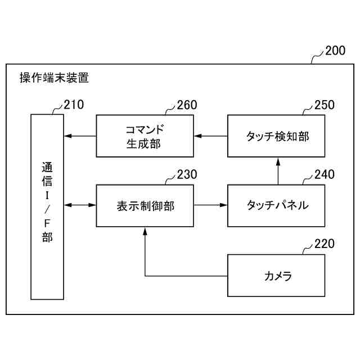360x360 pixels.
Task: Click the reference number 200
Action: pyautogui.click(x=335, y=51)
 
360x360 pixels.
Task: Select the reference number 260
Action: pyautogui.click(x=187, y=104)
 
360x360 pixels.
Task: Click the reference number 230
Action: pyautogui.click(x=187, y=174)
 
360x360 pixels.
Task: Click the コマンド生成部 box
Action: pyautogui.click(x=145, y=136)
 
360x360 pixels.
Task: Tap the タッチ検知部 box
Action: pyautogui.click(x=276, y=136)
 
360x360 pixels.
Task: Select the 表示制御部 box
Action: pyautogui.click(x=145, y=205)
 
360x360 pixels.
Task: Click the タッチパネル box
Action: pyautogui.click(x=276, y=205)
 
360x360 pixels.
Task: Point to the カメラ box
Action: pyautogui.click(x=276, y=276)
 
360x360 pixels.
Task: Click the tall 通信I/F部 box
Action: pyautogui.click(x=47, y=206)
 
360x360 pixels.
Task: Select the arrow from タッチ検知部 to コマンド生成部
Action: pyautogui.click(x=210, y=136)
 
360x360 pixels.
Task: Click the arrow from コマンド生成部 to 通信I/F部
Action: pyautogui.click(x=79, y=136)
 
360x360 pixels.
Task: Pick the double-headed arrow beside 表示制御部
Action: pyautogui.click(x=79, y=205)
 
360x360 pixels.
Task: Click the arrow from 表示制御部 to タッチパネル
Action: pyautogui.click(x=210, y=205)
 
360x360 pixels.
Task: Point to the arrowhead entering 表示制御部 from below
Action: pyautogui.click(x=145, y=231)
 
